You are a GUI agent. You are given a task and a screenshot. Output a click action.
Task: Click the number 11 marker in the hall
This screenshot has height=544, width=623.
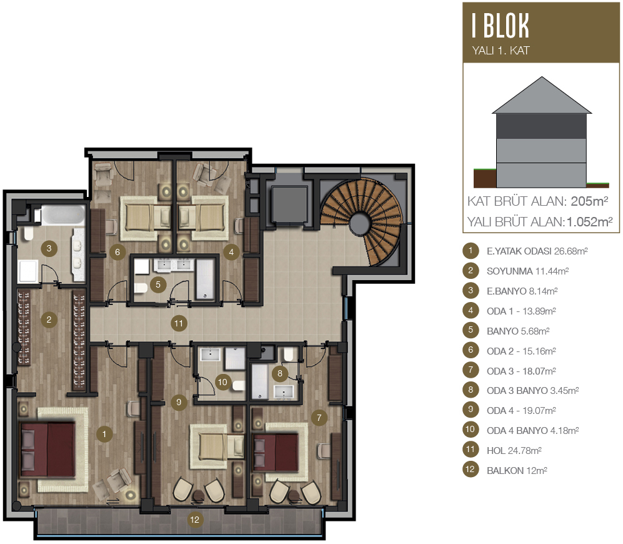(179, 323)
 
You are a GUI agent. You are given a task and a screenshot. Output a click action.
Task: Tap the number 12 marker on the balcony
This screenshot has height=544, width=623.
(195, 520)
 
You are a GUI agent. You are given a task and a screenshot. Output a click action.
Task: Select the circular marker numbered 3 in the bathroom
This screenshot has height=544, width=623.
(49, 248)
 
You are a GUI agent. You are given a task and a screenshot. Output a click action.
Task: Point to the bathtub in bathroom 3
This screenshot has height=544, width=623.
(64, 215)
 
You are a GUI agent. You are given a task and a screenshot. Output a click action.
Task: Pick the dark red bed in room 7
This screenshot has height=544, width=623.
(276, 452)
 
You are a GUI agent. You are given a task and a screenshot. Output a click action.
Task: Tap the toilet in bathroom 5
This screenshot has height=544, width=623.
(141, 287)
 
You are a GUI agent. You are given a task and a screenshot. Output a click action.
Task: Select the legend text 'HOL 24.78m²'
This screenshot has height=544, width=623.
(514, 451)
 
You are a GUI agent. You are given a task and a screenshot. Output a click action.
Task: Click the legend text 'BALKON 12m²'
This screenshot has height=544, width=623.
(517, 470)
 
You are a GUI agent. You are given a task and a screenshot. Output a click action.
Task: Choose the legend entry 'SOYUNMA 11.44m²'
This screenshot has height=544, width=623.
(527, 271)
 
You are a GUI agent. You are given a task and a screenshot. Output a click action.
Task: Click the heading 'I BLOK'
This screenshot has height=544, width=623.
(501, 26)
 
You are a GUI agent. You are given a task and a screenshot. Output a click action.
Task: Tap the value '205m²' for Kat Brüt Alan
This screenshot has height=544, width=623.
(590, 201)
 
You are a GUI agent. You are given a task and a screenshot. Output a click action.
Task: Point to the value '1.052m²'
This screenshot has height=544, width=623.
(590, 221)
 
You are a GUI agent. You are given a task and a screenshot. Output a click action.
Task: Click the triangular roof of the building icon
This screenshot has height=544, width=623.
(542, 96)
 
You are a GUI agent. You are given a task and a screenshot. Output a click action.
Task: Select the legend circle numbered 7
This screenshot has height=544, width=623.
(471, 370)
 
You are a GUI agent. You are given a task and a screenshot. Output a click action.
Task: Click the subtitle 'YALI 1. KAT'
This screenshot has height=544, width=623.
(501, 51)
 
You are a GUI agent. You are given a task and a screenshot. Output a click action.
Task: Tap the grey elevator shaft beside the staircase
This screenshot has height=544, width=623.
(289, 204)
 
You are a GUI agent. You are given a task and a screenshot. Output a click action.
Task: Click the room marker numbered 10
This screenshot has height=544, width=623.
(222, 382)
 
